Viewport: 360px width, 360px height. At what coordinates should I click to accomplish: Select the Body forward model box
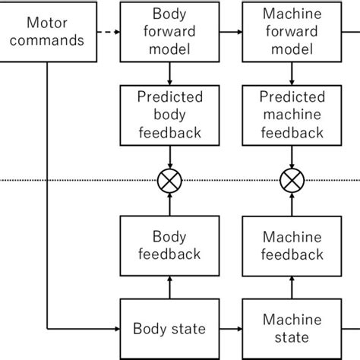pyautogui.click(x=169, y=33)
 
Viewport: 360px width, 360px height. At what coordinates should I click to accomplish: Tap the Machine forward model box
pyautogui.click(x=290, y=33)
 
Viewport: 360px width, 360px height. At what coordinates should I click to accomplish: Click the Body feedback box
pyautogui.click(x=169, y=245)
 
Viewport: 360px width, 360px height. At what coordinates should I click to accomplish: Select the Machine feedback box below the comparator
pyautogui.click(x=290, y=245)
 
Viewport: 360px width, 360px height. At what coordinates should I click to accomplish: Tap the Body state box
pyautogui.click(x=169, y=329)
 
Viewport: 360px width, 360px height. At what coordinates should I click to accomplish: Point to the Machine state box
pyautogui.click(x=290, y=329)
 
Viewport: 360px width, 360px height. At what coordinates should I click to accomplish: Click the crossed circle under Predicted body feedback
pyautogui.click(x=169, y=181)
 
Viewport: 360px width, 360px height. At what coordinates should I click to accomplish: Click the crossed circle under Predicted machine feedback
pyautogui.click(x=290, y=181)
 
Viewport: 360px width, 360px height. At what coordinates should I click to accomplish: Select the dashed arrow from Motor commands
pyautogui.click(x=110, y=33)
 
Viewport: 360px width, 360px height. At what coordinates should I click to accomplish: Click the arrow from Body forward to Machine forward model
pyautogui.click(x=230, y=33)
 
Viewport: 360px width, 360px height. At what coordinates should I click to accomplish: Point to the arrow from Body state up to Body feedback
pyautogui.click(x=169, y=287)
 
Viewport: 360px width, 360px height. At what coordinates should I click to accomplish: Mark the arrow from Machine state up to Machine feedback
pyautogui.click(x=290, y=287)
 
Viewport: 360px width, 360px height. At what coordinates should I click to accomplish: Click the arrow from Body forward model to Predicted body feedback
pyautogui.click(x=169, y=74)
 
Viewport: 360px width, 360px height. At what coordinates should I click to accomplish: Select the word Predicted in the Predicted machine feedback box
pyautogui.click(x=290, y=97)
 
